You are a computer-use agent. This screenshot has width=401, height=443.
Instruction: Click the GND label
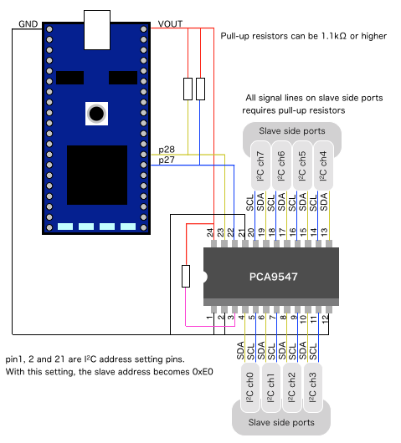(28, 24)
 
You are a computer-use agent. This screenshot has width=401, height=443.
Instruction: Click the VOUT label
(170, 24)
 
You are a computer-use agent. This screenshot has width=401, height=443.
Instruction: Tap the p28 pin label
(167, 150)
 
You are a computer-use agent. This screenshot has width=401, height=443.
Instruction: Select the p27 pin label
(167, 160)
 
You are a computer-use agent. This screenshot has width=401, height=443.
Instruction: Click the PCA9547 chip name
(274, 277)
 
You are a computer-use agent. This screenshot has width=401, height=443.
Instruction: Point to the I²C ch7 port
(260, 165)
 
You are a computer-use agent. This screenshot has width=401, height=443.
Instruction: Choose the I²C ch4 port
(323, 165)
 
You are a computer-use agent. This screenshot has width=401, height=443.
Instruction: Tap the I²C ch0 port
(250, 388)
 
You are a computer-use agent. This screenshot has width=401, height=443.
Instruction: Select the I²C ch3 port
(313, 388)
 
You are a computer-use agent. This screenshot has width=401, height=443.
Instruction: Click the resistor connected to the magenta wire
(186, 276)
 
